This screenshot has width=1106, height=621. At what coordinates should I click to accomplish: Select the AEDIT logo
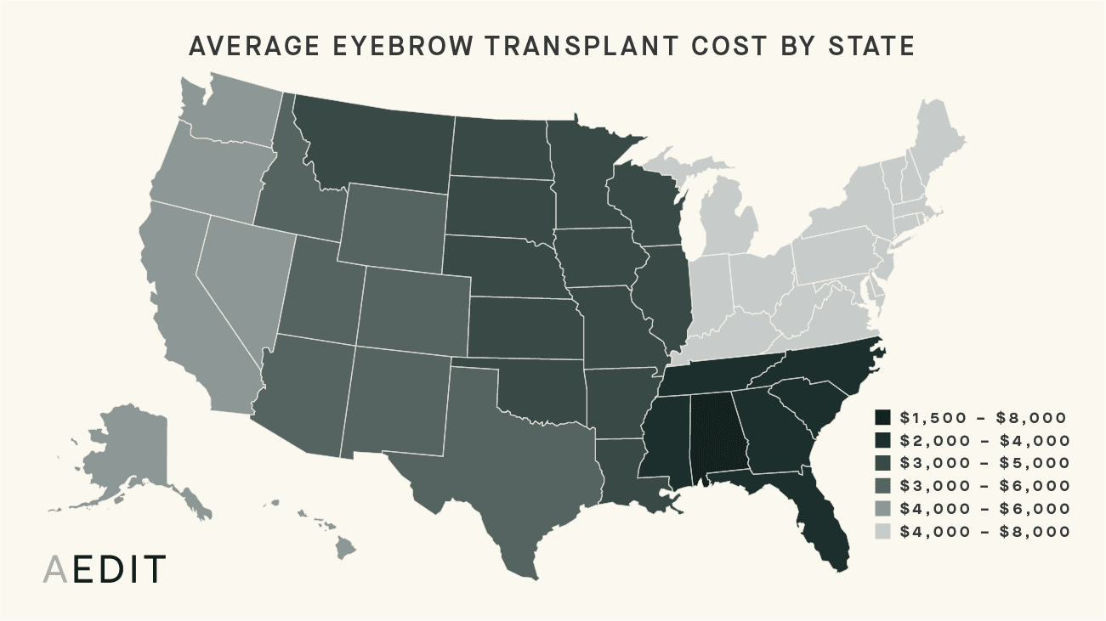pos(104,570)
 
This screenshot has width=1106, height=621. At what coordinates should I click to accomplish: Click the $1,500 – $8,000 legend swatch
pos(883,417)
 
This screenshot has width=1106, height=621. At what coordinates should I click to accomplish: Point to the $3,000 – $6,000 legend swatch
pos(883,486)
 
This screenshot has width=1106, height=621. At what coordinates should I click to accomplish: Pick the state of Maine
pos(935,136)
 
